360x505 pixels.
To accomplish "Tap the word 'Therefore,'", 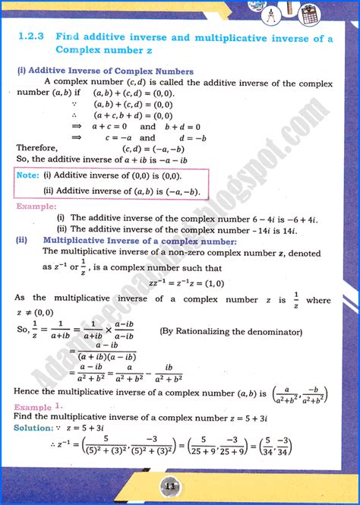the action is [x=36, y=148].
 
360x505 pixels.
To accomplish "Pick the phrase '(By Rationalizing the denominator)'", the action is [x=225, y=331].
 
